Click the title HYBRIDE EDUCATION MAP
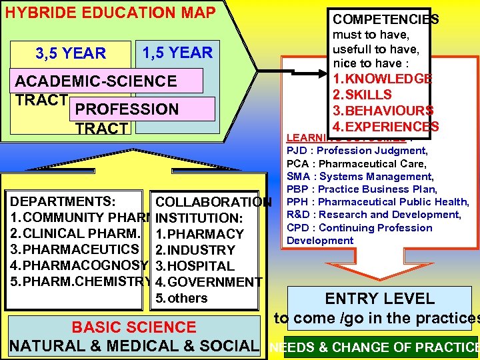click(111, 13)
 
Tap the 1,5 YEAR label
click(177, 53)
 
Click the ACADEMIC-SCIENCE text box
click(96, 81)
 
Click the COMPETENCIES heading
click(385, 19)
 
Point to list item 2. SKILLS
click(364, 94)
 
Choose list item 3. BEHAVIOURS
click(383, 110)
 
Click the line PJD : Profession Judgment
click(357, 151)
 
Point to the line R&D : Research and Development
click(373, 215)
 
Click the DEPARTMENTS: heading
click(64, 201)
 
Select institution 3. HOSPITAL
click(195, 266)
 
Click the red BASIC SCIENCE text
click(134, 327)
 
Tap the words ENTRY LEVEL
click(379, 299)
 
